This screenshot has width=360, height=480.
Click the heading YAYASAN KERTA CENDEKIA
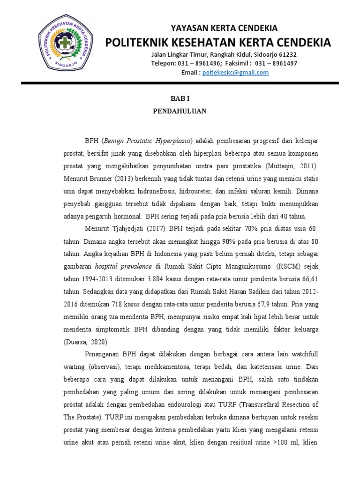224,28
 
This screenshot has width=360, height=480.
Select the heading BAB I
180,98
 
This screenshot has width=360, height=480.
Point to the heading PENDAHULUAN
180,112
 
